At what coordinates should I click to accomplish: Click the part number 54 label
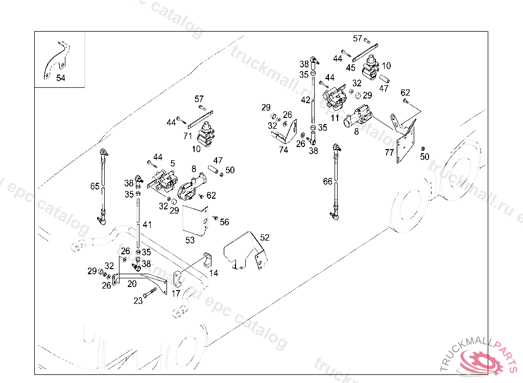61,78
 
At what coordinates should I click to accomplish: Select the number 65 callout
95,186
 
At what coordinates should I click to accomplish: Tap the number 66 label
327,181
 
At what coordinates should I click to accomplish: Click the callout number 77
389,152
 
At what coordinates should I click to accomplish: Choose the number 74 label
283,150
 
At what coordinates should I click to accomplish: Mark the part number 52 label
265,237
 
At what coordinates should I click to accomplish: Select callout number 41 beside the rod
147,224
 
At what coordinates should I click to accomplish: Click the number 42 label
305,100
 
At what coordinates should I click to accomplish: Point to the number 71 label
187,135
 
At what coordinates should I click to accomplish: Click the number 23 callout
138,301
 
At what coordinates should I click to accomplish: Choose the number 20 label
132,284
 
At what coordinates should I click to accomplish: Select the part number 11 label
335,117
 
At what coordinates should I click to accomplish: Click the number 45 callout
350,67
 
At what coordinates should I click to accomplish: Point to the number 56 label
224,222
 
